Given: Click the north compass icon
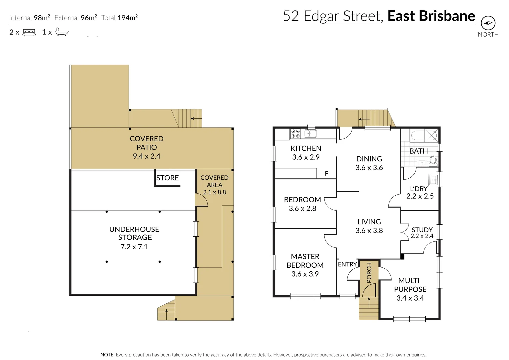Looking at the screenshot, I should (488, 23).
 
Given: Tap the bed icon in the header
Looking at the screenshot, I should (29, 32).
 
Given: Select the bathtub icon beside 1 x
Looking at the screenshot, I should (62, 32).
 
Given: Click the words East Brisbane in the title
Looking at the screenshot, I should (431, 16).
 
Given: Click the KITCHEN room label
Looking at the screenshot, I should (306, 148).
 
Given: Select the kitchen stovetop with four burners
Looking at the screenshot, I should (295, 134).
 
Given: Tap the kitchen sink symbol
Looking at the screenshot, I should (310, 134).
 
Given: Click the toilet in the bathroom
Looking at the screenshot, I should (433, 161).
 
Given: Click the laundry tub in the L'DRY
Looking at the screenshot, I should (433, 180).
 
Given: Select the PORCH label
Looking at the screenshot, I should (369, 273).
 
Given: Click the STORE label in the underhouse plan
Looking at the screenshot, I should (167, 178).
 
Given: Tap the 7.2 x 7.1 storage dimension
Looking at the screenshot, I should (134, 247).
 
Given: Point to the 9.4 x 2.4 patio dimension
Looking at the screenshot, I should (146, 156).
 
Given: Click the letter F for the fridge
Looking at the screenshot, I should (326, 173).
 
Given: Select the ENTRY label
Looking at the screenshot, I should (347, 264).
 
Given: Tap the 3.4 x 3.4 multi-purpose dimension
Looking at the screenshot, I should (410, 298).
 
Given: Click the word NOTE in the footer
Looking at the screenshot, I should (107, 355).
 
